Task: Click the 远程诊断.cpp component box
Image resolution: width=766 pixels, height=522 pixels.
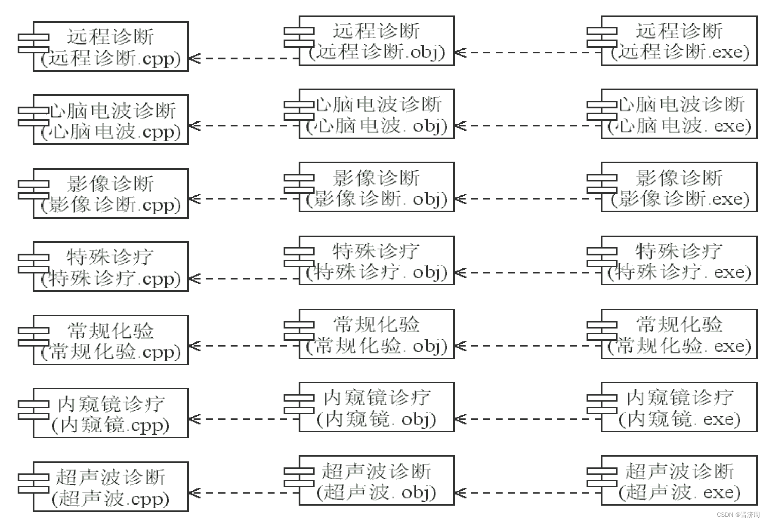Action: tap(111, 46)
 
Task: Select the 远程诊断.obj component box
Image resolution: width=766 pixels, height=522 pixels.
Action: tap(377, 41)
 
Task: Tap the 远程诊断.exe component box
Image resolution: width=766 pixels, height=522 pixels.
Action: tap(679, 41)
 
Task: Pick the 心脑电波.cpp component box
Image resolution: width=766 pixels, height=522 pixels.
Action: tap(111, 120)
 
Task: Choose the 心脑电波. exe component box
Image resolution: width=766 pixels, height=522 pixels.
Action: tap(679, 114)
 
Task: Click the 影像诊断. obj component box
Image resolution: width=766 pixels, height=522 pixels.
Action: tap(377, 187)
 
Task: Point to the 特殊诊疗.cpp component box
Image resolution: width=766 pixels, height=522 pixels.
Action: tap(111, 267)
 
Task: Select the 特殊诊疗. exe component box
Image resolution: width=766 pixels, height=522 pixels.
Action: tap(679, 261)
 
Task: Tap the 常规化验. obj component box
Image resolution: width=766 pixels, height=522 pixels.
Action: tap(377, 334)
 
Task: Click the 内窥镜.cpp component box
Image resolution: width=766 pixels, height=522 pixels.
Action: tap(111, 413)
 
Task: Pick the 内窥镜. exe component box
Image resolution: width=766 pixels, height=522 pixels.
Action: tap(679, 407)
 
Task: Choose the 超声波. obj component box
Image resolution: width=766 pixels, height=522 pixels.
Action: tap(377, 480)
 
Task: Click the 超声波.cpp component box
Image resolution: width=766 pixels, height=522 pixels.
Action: tap(111, 487)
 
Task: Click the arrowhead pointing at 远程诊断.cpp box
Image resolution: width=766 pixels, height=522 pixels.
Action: tap(194, 58)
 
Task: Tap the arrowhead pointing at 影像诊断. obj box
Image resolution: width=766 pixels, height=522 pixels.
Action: tap(460, 199)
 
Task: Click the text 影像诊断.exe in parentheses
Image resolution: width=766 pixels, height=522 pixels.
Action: tap(680, 199)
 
